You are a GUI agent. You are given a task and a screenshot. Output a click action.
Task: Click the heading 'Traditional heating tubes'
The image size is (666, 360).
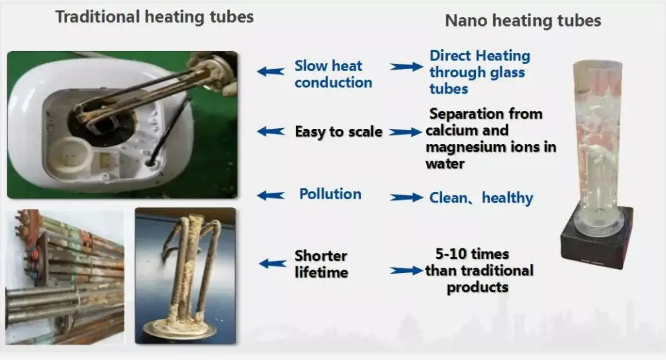[155, 17]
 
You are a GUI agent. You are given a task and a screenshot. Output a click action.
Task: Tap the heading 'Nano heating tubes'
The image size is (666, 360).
[523, 21]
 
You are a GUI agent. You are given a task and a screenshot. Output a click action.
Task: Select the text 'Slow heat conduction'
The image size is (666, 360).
[334, 74]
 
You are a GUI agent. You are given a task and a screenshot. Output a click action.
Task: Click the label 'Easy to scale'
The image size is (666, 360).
[338, 132]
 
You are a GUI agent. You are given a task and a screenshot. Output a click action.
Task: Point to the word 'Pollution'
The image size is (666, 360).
[330, 194]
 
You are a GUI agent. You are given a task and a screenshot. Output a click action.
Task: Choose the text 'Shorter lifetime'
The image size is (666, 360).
[321, 264]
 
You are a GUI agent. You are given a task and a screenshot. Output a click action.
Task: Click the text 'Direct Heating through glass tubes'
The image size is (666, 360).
[480, 72]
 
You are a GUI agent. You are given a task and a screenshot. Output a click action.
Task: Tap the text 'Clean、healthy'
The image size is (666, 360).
[481, 198]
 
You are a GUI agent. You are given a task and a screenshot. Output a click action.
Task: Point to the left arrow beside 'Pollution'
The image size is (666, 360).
[271, 195]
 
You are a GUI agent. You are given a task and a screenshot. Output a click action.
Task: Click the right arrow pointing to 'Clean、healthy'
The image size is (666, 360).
[407, 197]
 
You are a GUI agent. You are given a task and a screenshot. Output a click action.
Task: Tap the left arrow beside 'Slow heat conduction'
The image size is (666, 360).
[271, 71]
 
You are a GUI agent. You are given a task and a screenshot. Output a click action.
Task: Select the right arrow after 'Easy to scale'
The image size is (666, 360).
[405, 132]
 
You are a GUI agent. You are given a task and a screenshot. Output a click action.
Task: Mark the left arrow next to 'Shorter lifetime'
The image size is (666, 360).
[273, 264]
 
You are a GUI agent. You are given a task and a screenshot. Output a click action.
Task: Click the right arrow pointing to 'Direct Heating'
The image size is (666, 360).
[407, 66]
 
